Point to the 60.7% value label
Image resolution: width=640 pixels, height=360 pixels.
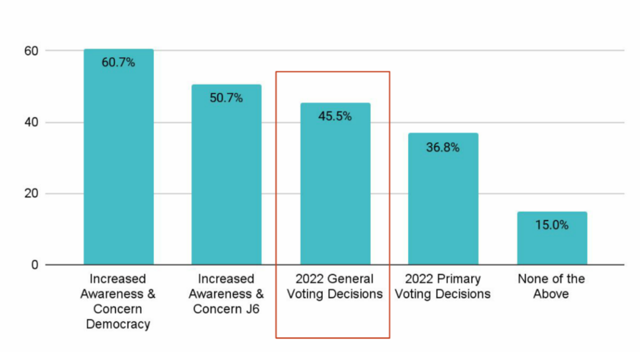click(x=118, y=62)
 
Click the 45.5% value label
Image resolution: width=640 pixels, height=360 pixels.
click(x=335, y=116)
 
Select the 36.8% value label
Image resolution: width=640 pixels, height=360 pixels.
click(x=443, y=148)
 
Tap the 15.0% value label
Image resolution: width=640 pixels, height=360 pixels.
click(x=552, y=225)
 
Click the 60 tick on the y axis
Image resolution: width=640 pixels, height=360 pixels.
click(x=31, y=51)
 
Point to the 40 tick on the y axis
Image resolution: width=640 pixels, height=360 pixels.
click(x=31, y=122)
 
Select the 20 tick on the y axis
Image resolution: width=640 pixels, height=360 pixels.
click(x=31, y=193)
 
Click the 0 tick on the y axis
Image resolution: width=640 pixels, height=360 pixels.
click(x=35, y=265)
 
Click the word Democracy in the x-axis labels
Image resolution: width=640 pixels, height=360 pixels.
click(x=118, y=324)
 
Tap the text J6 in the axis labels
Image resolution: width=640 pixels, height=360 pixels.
click(x=252, y=309)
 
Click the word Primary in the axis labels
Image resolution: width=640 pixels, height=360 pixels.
click(x=459, y=279)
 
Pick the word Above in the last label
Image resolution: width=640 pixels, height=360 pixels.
click(x=551, y=294)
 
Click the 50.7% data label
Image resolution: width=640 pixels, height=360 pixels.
click(x=226, y=98)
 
